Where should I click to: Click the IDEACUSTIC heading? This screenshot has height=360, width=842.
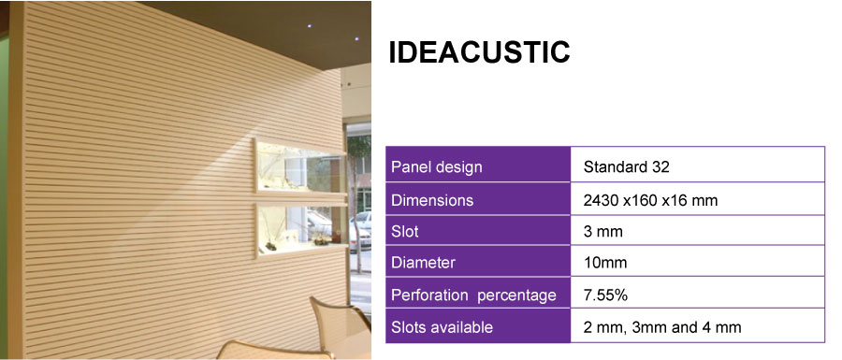479,53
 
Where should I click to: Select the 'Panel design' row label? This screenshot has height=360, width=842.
436,168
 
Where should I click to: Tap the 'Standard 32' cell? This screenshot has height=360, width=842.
626,168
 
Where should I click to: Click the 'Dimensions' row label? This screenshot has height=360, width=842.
432,200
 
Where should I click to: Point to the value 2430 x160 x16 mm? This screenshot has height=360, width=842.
650,200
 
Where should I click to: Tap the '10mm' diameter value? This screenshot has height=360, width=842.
604,264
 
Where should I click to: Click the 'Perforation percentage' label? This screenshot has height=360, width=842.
473,295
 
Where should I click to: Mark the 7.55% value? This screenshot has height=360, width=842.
605,295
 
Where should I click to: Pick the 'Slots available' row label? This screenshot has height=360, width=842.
442,327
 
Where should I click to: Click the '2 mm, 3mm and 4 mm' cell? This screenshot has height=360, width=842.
661,327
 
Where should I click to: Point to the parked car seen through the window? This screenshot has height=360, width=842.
359,229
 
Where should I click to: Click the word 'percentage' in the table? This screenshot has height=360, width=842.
517,295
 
